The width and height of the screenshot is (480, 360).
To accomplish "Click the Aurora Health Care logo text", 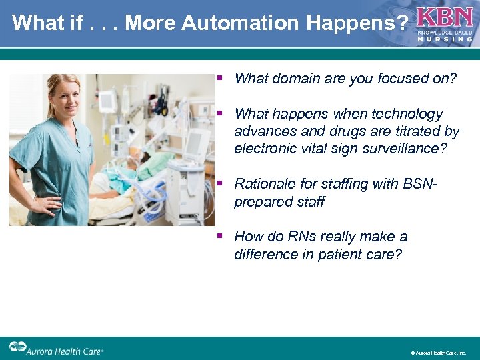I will (66, 349).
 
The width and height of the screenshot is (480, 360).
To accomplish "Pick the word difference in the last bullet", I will (265, 254).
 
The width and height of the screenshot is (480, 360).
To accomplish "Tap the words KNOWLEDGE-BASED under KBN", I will (445, 32).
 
